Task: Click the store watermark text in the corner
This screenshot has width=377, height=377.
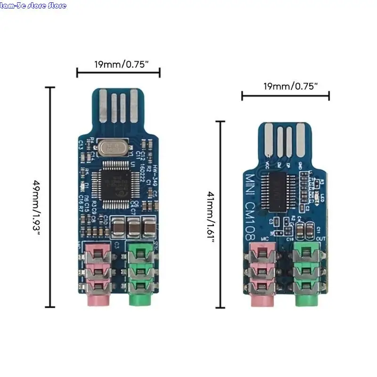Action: pyautogui.click(x=33, y=6)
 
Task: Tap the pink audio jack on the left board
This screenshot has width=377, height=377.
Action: pyautogui.click(x=98, y=273)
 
